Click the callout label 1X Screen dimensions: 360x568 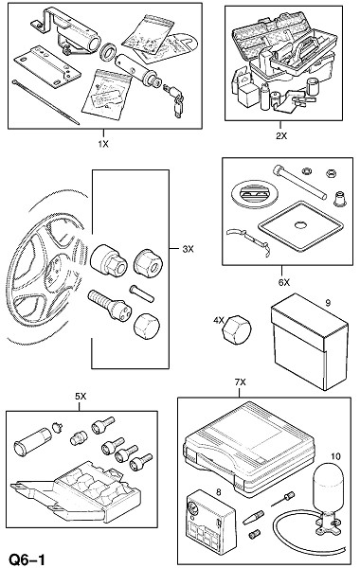tap(103, 144)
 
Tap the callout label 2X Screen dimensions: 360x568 tap(281, 135)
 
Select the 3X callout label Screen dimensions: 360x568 tap(188, 249)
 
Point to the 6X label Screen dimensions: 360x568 tap(284, 282)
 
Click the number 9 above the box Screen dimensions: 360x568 tap(328, 303)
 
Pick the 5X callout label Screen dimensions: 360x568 tap(81, 397)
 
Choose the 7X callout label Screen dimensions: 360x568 tap(240, 382)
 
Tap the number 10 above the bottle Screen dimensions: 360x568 tap(335, 456)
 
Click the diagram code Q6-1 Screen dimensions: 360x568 tap(27, 559)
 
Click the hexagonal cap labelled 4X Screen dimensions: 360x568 tap(236, 329)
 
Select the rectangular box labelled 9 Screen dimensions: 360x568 tap(309, 342)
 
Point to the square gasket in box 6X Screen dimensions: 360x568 tap(299, 226)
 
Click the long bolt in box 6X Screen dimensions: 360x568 tap(300, 182)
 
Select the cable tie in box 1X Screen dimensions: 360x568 tap(45, 101)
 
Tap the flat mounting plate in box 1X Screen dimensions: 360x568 tap(47, 67)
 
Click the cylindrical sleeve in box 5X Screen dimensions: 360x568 tap(31, 441)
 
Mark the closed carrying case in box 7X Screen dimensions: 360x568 tap(250, 448)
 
